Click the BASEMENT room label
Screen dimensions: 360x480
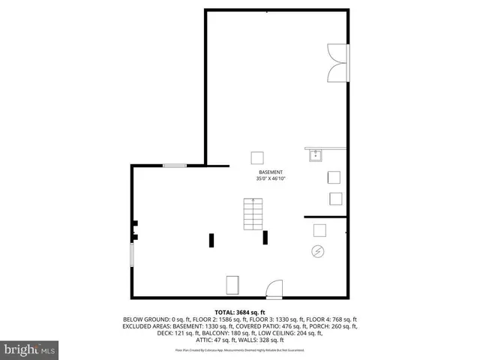[x=271, y=172]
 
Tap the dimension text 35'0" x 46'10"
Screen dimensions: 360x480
[x=271, y=178]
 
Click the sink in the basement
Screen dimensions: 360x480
[x=315, y=155]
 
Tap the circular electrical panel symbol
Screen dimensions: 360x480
[x=318, y=251]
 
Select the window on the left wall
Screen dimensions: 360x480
[x=132, y=253]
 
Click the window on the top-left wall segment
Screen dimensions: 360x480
[x=175, y=166]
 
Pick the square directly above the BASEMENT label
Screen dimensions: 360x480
[x=257, y=157]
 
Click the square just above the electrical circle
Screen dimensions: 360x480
[x=319, y=230]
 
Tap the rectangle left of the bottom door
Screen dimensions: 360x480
[x=232, y=286]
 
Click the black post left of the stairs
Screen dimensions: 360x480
[x=212, y=240]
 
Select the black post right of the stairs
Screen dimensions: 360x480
[x=265, y=237]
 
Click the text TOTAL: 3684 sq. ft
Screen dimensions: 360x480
[x=240, y=311]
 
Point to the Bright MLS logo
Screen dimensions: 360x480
[x=30, y=349]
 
